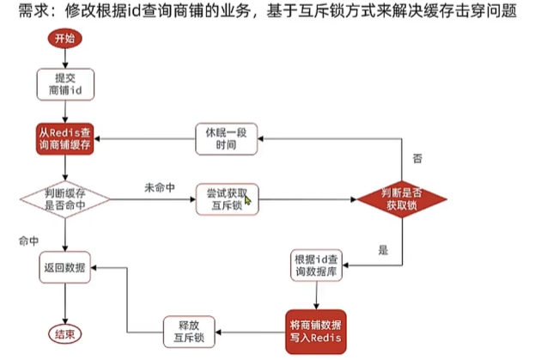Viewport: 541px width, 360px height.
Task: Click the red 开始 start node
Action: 64,39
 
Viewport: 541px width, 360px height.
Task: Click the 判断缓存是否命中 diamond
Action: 64,198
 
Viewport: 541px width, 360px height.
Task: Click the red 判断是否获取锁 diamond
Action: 402,199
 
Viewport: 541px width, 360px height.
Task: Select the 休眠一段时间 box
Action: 227,138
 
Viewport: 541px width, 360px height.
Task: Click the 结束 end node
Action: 64,333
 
